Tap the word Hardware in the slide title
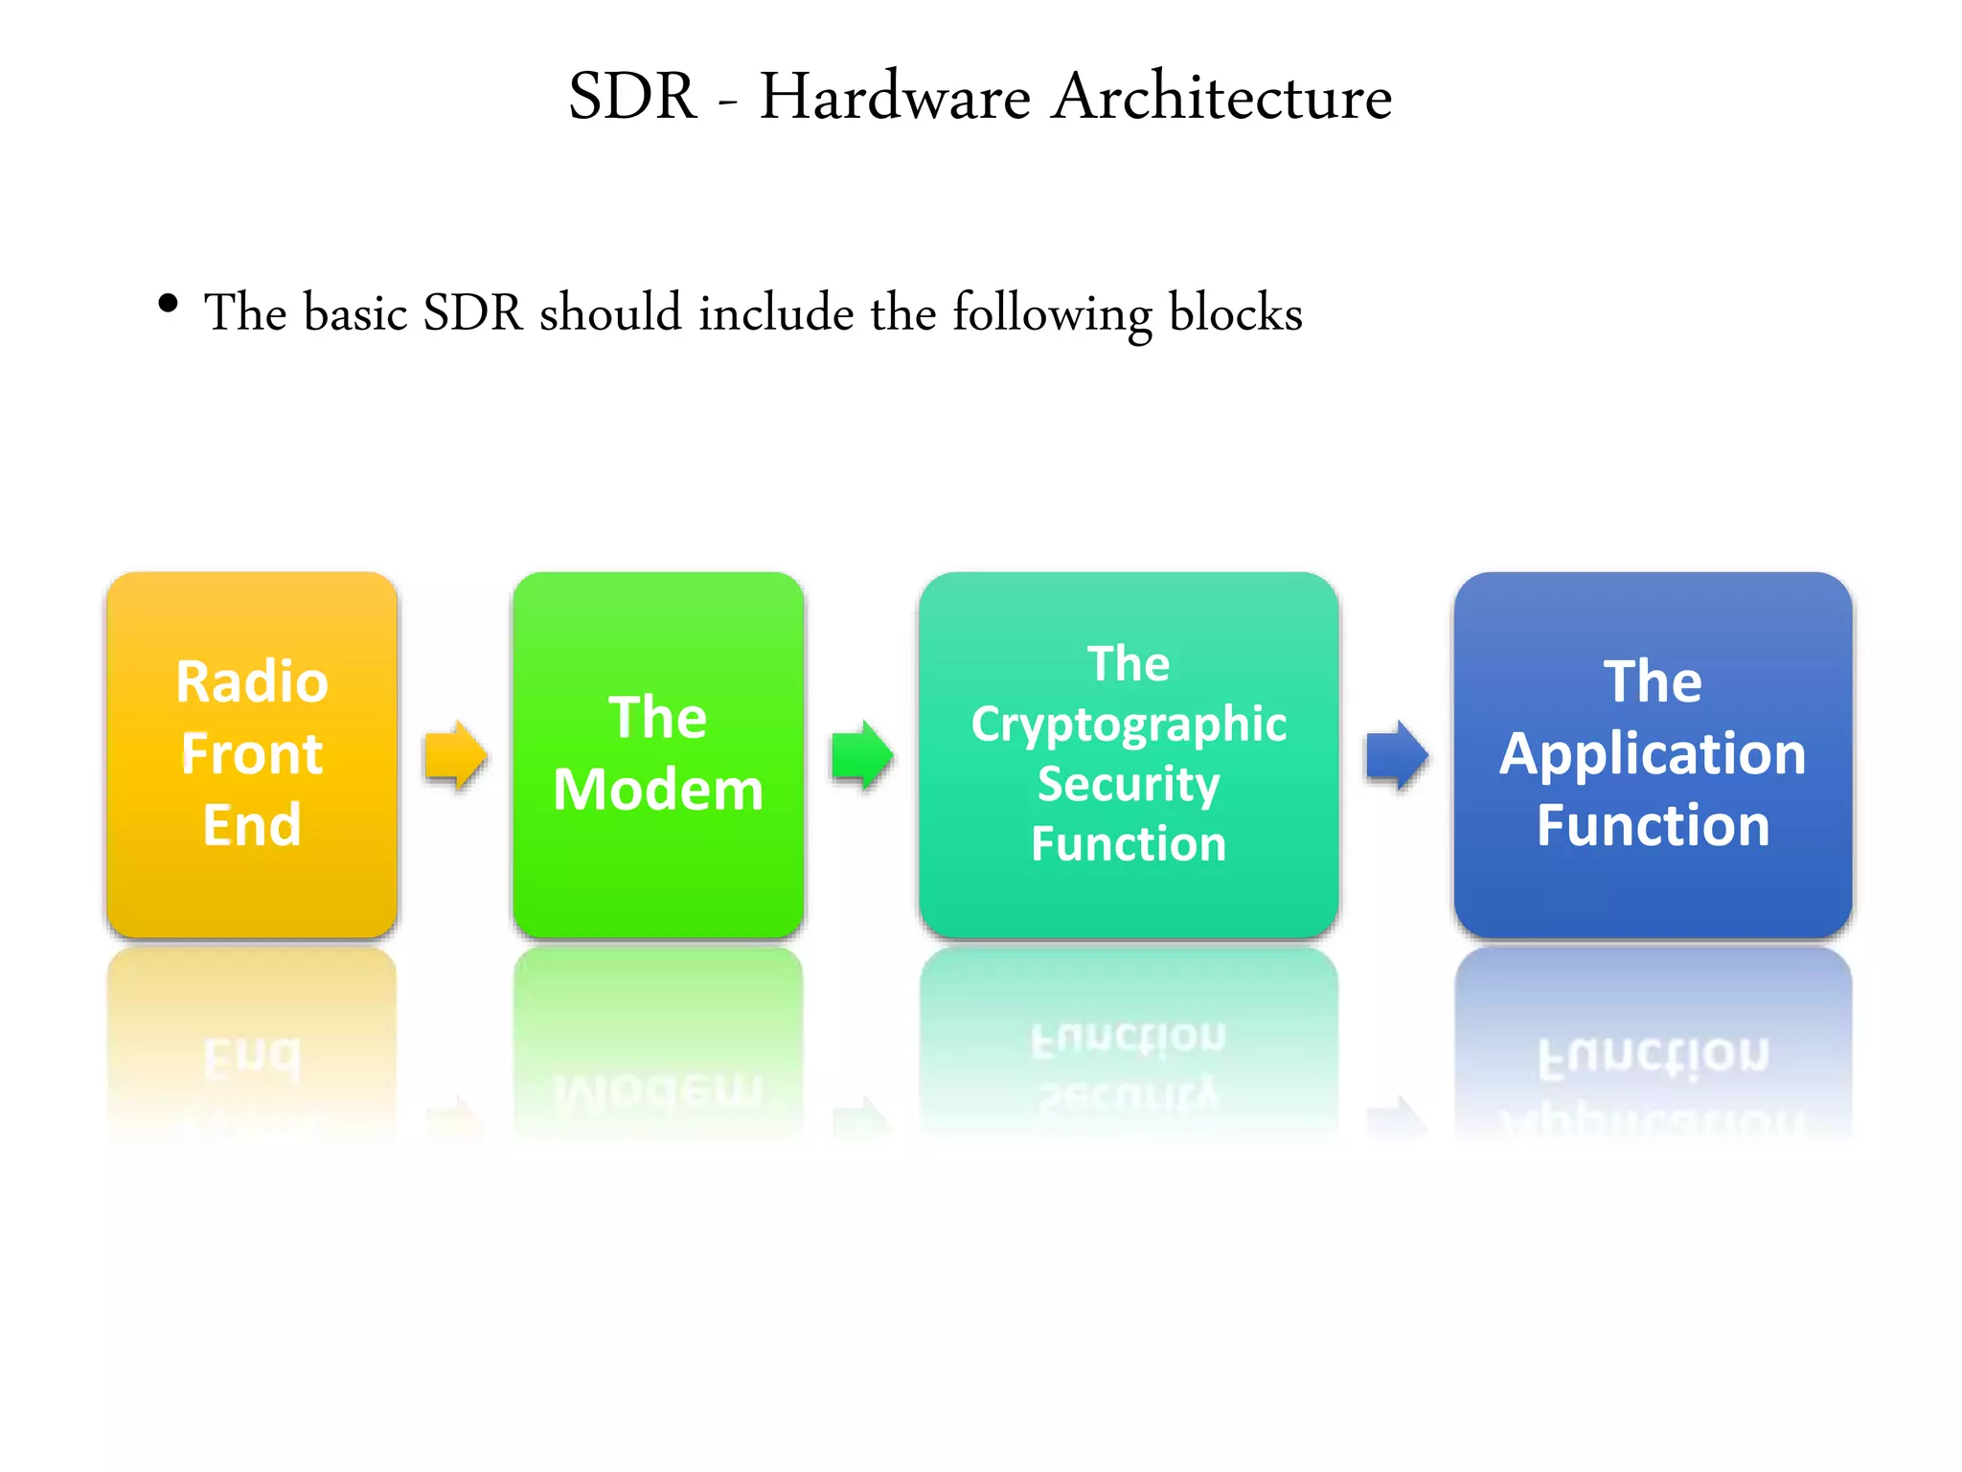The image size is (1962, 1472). (895, 97)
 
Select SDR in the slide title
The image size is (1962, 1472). (632, 97)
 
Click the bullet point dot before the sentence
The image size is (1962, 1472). (169, 305)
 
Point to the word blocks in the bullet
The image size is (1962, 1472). (1235, 312)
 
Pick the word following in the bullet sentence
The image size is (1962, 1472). (1052, 314)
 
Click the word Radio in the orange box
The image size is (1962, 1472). (252, 682)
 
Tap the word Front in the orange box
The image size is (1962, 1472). (252, 753)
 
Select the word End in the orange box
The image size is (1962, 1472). (252, 825)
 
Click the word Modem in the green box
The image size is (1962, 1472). (658, 790)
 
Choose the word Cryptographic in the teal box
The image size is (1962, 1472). (1129, 725)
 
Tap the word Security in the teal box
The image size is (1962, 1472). (1129, 785)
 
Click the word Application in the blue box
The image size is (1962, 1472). (1653, 754)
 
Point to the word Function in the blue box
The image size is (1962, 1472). (1653, 825)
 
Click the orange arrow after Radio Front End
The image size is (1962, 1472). (456, 755)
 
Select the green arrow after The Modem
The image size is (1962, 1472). (862, 755)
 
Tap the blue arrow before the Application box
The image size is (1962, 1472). (1397, 755)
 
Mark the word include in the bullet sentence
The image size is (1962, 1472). (776, 312)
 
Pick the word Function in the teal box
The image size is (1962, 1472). (1129, 844)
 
